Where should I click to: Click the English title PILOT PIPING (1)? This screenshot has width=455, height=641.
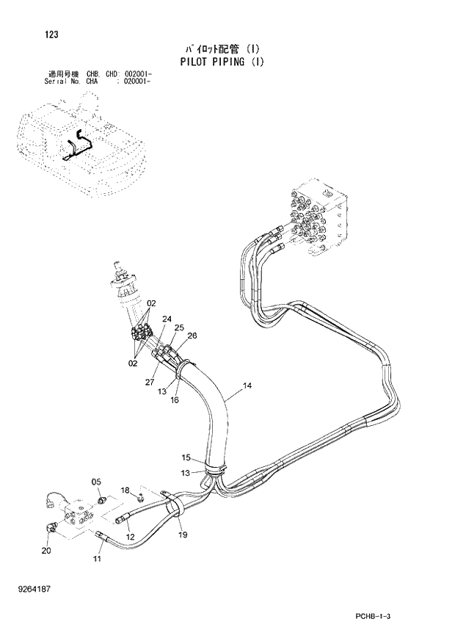coord(221,62)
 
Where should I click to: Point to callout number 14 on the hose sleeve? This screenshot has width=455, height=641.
coord(247,385)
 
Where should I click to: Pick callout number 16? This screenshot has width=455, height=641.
coord(175,399)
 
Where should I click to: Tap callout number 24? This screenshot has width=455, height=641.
coord(167,319)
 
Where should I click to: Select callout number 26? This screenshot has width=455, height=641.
coord(192,336)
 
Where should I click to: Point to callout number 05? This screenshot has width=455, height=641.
coord(95,482)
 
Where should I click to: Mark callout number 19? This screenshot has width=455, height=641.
coord(183,535)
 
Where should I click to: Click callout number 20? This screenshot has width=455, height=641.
coord(46,550)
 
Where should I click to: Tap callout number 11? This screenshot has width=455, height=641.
coord(97,559)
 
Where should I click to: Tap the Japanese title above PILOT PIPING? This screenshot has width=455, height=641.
coord(221,49)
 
